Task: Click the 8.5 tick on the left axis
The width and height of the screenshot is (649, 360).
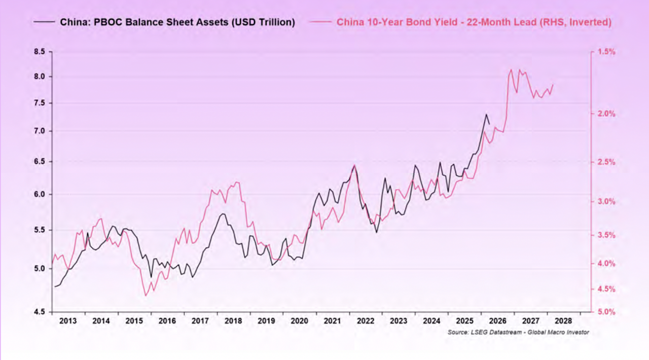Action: [40, 52]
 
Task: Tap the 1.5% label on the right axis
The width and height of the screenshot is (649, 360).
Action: [606, 52]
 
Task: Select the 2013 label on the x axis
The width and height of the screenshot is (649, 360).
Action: [68, 321]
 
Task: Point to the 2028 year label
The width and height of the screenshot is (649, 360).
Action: [563, 321]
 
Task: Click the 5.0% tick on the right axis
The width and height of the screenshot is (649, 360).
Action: [606, 312]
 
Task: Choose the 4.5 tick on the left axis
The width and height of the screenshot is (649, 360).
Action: [40, 312]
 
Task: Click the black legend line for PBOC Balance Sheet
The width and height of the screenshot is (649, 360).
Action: [44, 22]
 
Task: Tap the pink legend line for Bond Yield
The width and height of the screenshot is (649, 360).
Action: [320, 22]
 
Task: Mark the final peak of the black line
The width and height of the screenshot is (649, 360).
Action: [486, 114]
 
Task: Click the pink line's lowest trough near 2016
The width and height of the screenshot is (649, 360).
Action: [146, 296]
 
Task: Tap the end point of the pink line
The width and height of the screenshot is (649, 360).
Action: [553, 85]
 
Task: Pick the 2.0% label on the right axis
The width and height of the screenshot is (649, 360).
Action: [606, 114]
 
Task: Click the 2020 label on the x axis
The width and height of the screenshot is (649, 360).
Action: [299, 321]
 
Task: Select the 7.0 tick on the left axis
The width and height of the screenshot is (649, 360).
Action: [40, 131]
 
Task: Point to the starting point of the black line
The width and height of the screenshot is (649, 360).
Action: [54, 286]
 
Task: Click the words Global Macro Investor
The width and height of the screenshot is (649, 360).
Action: [558, 332]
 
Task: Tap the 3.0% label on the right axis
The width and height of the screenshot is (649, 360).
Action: [606, 201]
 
